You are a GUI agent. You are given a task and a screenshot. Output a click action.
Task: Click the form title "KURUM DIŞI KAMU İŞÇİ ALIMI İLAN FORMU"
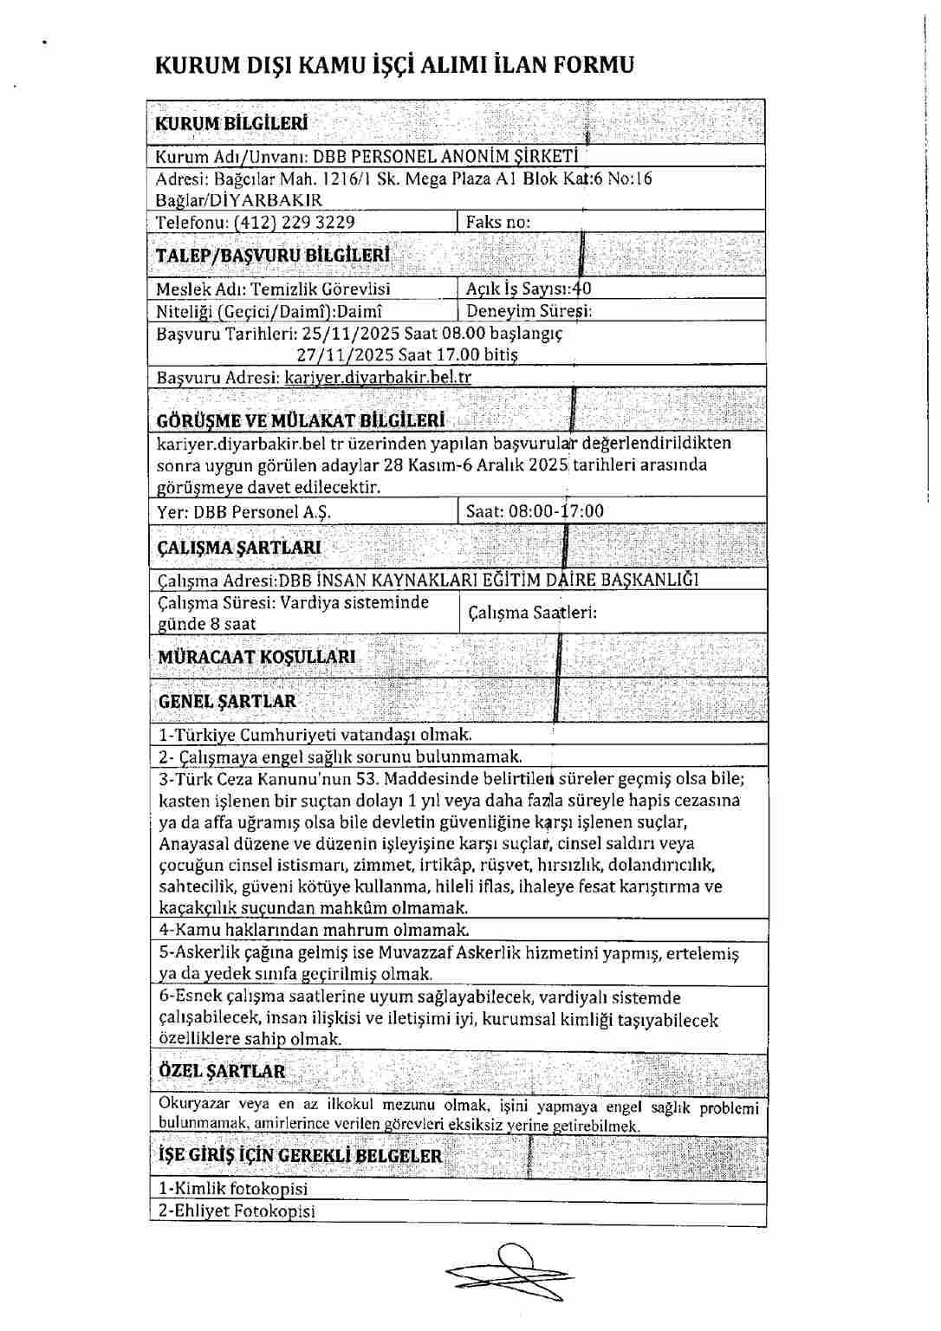[394, 65]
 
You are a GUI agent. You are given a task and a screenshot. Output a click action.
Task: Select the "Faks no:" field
[498, 222]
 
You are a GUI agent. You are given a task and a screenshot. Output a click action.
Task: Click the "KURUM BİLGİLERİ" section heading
[231, 123]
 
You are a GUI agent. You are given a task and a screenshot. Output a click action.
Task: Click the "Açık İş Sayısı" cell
[529, 289]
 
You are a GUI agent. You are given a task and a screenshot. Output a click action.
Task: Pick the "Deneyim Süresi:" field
[529, 310]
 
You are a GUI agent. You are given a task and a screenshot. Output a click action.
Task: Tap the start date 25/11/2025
[345, 333]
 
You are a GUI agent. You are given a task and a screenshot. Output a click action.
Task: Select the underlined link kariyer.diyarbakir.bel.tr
[378, 377]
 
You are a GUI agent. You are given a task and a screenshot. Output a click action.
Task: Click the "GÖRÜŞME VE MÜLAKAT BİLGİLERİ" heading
[301, 420]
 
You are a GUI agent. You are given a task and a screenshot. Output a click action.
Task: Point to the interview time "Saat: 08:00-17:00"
[535, 510]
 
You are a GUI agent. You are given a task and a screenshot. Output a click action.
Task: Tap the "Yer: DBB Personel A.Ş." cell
[243, 511]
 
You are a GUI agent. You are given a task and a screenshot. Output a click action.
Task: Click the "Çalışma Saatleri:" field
[532, 613]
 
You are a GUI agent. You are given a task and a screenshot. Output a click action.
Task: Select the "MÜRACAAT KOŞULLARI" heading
[256, 657]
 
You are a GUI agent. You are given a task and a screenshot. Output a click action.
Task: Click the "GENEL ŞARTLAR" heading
[227, 701]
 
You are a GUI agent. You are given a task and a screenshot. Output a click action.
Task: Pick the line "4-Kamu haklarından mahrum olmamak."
[314, 930]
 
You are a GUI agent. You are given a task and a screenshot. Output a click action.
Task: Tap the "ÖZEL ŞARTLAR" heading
[222, 1071]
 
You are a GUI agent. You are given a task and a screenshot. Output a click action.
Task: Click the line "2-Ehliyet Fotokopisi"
[237, 1211]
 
